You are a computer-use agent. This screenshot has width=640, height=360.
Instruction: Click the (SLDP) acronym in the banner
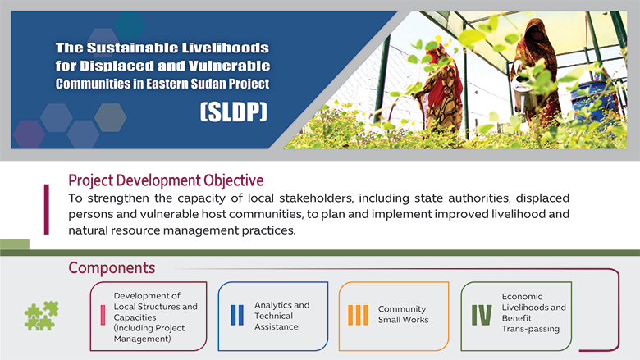[x=234, y=112]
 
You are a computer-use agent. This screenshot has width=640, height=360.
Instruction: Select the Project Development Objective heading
[x=166, y=180]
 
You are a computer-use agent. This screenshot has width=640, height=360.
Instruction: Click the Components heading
[x=112, y=268]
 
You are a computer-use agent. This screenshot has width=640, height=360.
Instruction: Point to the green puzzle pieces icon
[x=42, y=316]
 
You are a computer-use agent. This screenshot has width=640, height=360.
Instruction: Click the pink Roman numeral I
[x=103, y=315]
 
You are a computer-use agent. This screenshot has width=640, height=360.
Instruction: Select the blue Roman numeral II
[x=237, y=315]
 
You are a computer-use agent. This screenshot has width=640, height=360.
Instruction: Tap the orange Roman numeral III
[x=358, y=315]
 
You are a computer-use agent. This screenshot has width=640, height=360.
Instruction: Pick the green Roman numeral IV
[x=482, y=315]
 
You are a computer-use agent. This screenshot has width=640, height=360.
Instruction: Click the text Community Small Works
[x=403, y=314]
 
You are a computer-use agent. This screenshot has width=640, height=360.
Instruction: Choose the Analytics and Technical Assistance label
[x=282, y=316]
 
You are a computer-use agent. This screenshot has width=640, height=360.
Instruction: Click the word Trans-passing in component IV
[x=531, y=329]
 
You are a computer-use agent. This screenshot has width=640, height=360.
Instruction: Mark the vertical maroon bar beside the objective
[x=47, y=210]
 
